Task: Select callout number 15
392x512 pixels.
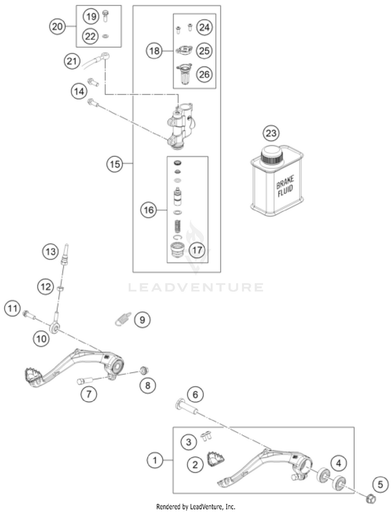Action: (114, 164)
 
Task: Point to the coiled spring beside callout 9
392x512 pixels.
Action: (122, 318)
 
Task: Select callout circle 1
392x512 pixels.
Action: (154, 460)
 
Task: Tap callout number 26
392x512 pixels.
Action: (204, 74)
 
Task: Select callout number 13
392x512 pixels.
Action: (50, 252)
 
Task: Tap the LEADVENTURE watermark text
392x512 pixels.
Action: (196, 287)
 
